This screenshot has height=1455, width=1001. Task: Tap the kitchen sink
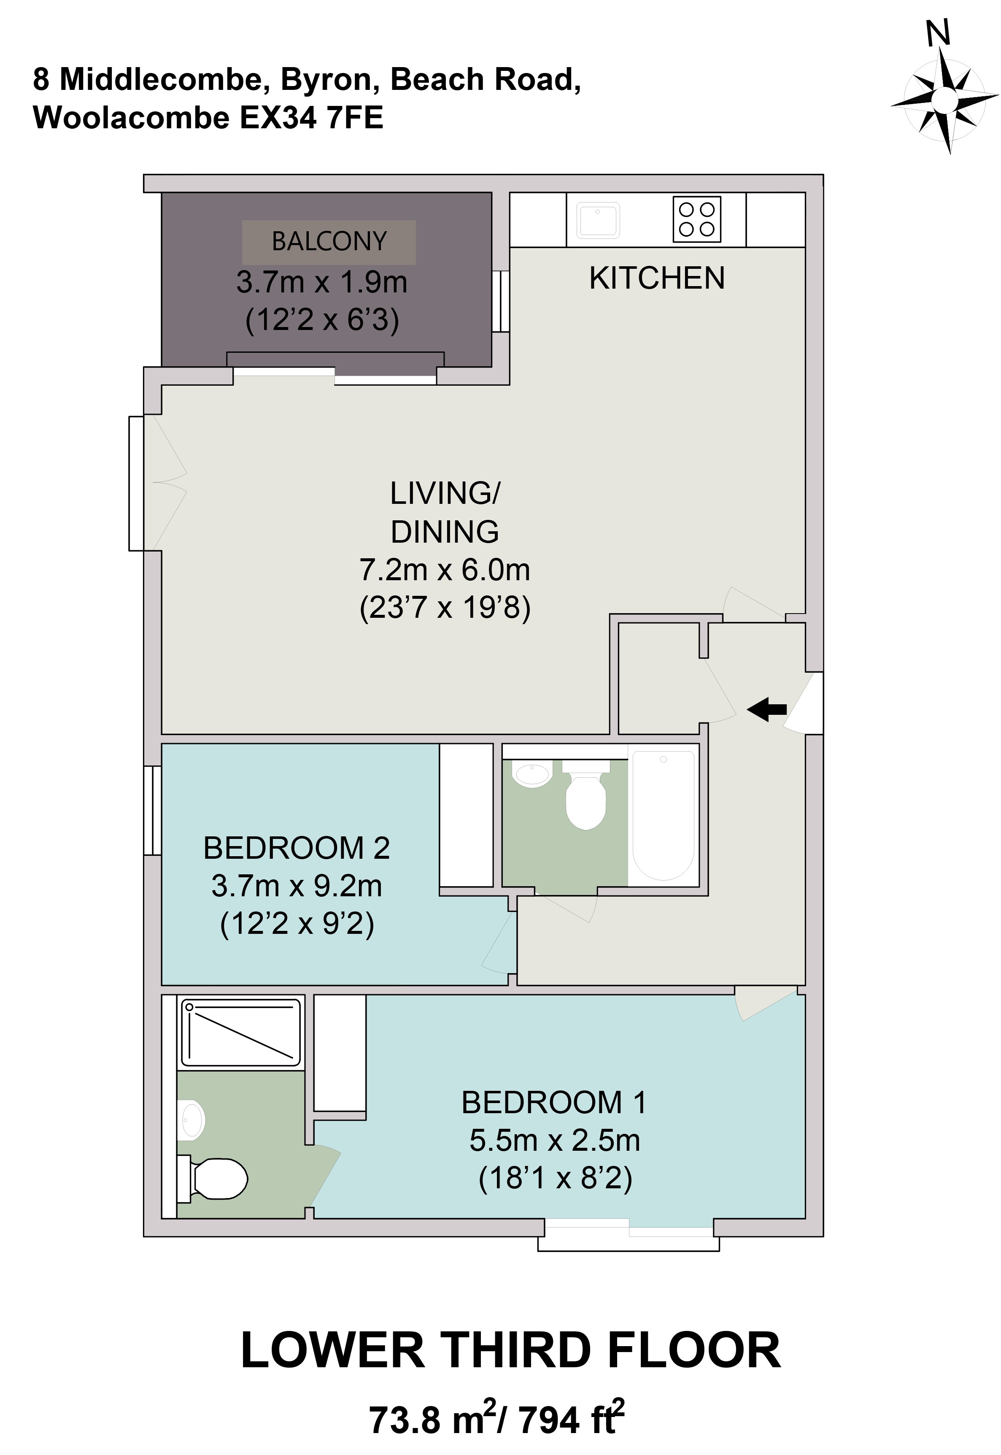point(598,220)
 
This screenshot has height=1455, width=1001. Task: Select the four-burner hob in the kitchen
point(697,219)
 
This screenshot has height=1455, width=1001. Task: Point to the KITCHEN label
point(657,278)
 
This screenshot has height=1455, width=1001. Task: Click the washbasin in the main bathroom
point(532,773)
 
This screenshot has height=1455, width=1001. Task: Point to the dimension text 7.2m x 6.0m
point(445,570)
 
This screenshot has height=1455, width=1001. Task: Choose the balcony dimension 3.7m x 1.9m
point(322,282)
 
